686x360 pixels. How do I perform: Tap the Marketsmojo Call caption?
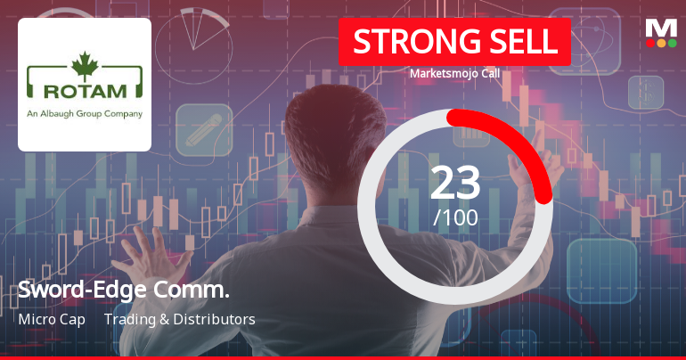454,73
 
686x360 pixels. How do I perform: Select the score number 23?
455,184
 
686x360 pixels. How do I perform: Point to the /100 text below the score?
455,217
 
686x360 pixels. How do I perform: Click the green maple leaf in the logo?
85,66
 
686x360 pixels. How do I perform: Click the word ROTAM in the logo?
85,91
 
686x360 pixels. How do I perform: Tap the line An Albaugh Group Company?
85,114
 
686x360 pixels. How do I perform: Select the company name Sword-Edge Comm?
124,290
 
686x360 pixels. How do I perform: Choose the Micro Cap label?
52,319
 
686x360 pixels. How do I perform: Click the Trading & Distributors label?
180,319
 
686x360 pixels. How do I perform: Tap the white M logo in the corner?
661,29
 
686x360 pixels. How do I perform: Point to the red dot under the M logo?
650,43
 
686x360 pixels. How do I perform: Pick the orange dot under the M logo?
661,43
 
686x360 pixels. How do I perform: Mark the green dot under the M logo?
673,43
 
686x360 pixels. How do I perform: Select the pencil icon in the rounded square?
204,130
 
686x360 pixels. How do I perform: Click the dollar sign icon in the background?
646,93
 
